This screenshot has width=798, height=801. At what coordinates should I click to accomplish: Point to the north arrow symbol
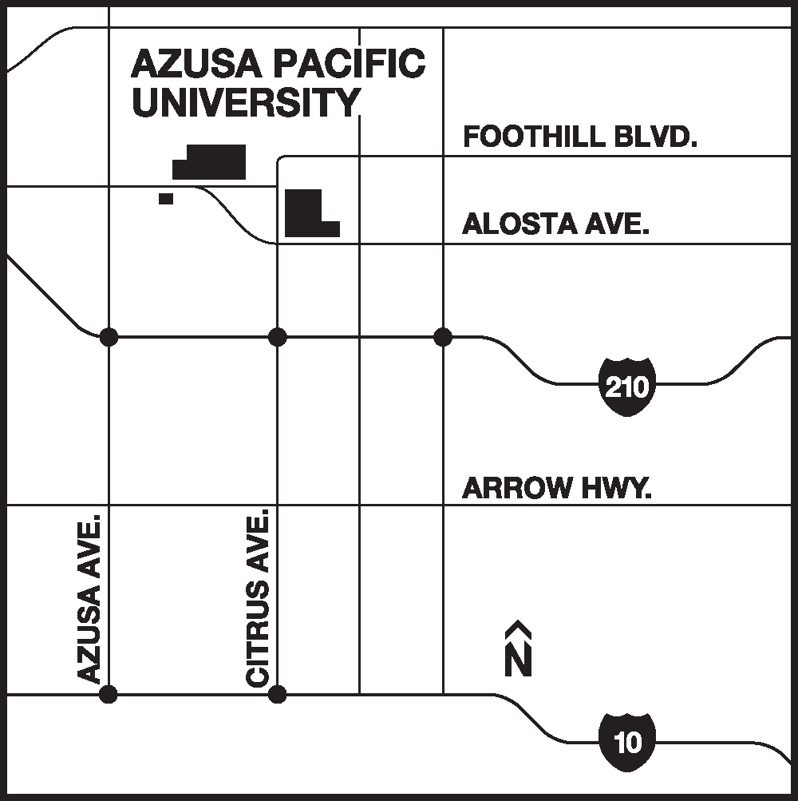pyautogui.click(x=519, y=648)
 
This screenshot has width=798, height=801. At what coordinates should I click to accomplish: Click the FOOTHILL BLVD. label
pyautogui.click(x=580, y=137)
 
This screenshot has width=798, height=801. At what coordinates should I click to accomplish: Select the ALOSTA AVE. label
pyautogui.click(x=556, y=224)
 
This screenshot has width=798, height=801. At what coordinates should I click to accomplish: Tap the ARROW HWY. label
pyautogui.click(x=557, y=487)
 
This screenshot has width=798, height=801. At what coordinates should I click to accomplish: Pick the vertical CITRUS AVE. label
pyautogui.click(x=259, y=600)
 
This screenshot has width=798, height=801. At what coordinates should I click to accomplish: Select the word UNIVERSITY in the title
pyautogui.click(x=246, y=102)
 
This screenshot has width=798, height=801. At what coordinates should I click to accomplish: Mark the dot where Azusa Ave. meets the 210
pyautogui.click(x=109, y=337)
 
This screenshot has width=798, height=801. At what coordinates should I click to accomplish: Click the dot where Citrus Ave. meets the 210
pyautogui.click(x=277, y=337)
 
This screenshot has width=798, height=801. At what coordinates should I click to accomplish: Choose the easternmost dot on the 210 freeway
pyautogui.click(x=443, y=337)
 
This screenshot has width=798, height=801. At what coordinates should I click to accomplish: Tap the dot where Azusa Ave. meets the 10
pyautogui.click(x=109, y=694)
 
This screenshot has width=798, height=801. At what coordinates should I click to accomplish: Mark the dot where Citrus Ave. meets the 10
pyautogui.click(x=277, y=694)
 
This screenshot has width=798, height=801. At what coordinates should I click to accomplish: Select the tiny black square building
pyautogui.click(x=166, y=198)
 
